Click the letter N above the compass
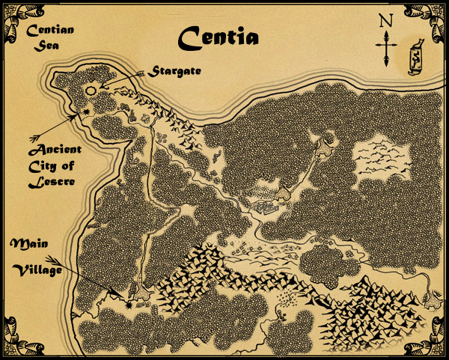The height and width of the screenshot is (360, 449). tap(385, 20)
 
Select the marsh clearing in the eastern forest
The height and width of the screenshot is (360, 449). tap(381, 160)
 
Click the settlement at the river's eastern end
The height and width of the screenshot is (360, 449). tap(432, 300)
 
